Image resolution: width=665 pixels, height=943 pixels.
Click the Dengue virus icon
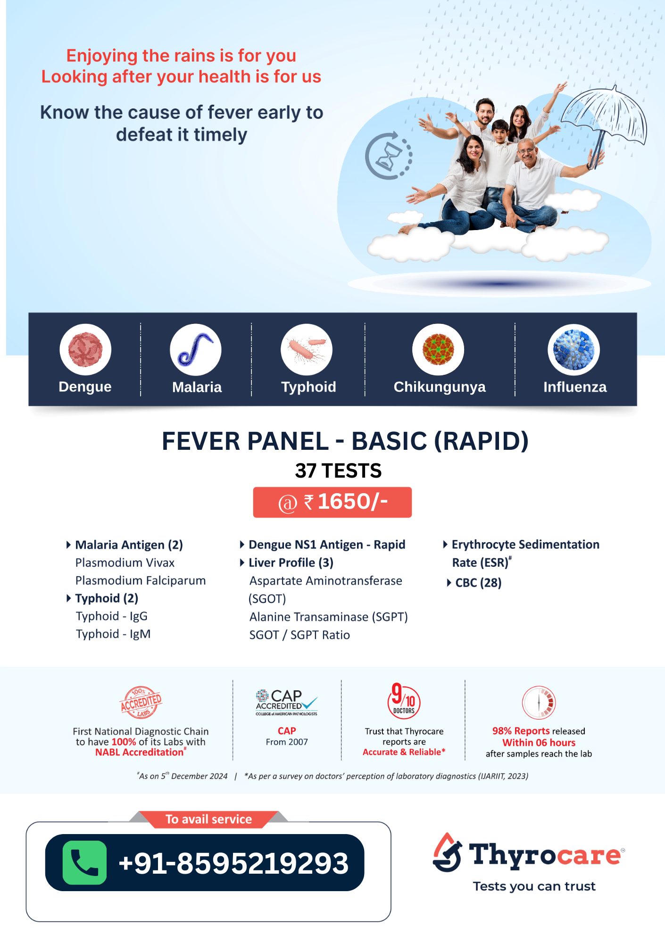(x=85, y=349)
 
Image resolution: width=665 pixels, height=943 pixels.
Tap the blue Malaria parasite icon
(x=196, y=349)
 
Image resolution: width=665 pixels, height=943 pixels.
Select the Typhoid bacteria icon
(x=307, y=349)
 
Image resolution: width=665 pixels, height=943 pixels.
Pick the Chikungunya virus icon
(x=438, y=349)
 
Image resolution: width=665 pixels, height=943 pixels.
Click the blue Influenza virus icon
(x=574, y=349)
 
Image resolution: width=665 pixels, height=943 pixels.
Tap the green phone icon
(x=84, y=862)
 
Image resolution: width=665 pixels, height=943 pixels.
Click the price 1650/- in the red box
(x=352, y=502)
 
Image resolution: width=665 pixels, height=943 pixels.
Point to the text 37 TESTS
(x=338, y=471)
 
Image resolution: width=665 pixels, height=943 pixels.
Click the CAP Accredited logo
(x=286, y=703)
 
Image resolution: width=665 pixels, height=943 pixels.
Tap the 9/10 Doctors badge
(x=404, y=701)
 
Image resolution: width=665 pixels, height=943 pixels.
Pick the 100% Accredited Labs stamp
(x=141, y=702)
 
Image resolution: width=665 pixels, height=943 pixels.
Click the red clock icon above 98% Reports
(x=539, y=703)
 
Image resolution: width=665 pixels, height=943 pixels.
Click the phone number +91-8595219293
(x=233, y=863)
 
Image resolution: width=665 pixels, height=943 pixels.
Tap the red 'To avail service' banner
(x=208, y=819)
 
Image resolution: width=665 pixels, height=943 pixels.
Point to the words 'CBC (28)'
(x=478, y=583)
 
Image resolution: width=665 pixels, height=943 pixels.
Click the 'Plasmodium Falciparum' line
(x=141, y=580)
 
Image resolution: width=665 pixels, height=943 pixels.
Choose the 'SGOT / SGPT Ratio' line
(x=299, y=635)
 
